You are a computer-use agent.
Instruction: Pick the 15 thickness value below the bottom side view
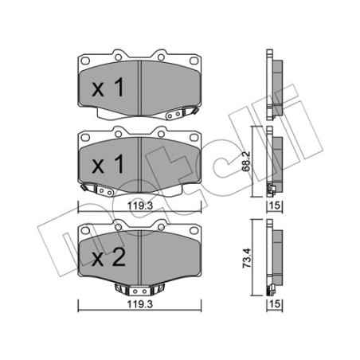(x=274, y=303)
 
